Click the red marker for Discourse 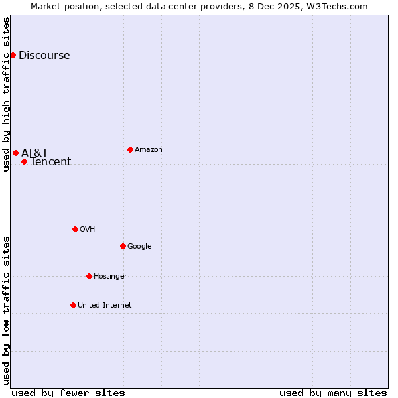[13, 55]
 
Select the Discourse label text [44, 56]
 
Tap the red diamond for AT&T [15, 153]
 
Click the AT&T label [34, 153]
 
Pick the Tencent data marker [24, 161]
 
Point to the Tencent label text [50, 162]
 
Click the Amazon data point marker [130, 149]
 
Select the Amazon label [148, 150]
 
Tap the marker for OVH [75, 229]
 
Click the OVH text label [87, 230]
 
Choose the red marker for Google [123, 246]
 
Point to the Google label [139, 247]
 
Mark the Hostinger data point [89, 276]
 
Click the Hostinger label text [110, 277]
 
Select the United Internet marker [73, 305]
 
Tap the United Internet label [104, 306]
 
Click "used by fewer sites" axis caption [68, 393]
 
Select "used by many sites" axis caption [333, 393]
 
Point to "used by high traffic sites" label [6, 94]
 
